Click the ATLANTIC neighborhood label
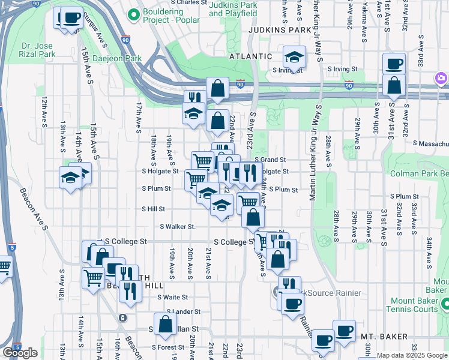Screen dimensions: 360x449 (x=251, y=56)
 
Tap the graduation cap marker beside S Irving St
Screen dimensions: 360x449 (x=294, y=57)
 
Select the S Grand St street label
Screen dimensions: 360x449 (x=270, y=160)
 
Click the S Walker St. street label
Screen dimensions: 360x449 (x=178, y=227)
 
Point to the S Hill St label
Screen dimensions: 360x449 (x=153, y=209)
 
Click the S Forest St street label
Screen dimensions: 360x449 (x=167, y=347)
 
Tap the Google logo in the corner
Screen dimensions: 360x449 (x=20, y=353)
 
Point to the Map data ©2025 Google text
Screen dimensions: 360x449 (x=412, y=356)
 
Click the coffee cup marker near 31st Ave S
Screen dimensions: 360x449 (x=394, y=63)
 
